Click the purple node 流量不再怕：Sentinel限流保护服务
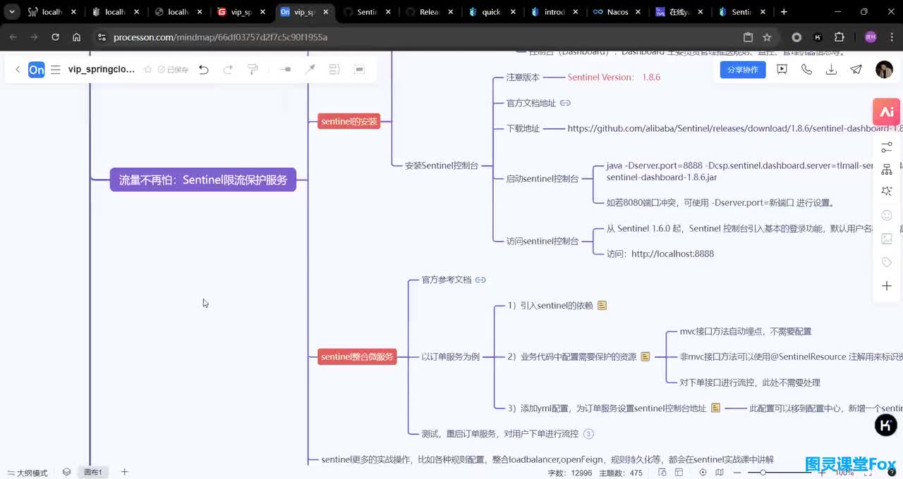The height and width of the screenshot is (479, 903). click(x=203, y=180)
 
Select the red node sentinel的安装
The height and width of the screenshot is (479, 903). click(x=349, y=121)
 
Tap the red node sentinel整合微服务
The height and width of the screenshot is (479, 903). click(x=357, y=356)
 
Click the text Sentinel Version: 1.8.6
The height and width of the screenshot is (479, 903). click(x=614, y=77)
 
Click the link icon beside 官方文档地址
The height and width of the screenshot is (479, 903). click(x=565, y=103)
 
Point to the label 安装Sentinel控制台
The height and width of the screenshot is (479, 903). click(x=442, y=166)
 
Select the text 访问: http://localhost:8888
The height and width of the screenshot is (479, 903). click(x=660, y=254)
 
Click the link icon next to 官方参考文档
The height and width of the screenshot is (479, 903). click(x=480, y=280)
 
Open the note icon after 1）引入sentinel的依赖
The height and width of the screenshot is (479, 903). click(x=602, y=306)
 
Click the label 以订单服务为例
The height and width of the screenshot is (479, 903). click(x=450, y=356)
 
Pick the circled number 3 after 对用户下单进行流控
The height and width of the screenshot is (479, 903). click(x=589, y=434)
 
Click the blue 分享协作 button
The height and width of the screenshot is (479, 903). click(x=742, y=69)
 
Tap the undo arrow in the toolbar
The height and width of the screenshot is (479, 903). click(x=204, y=69)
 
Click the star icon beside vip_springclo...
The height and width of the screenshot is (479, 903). click(x=148, y=69)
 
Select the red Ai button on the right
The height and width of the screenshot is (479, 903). click(x=887, y=112)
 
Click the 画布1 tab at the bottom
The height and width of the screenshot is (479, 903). click(x=94, y=472)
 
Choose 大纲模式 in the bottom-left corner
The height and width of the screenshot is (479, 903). click(x=28, y=473)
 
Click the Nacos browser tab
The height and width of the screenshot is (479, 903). click(x=616, y=12)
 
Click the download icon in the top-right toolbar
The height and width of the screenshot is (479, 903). click(x=831, y=69)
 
